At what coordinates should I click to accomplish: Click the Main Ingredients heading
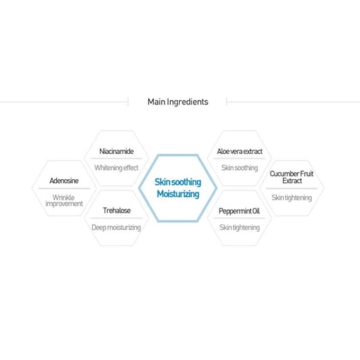point(178,102)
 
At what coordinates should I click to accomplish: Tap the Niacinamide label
point(117,151)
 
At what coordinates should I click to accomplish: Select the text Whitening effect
point(117,168)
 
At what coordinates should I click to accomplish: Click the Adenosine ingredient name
point(64,181)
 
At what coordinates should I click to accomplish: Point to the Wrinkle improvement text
point(64,200)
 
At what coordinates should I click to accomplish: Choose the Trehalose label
point(117,210)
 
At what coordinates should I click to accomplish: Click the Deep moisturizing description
point(116,227)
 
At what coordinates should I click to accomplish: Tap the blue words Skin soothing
point(178,182)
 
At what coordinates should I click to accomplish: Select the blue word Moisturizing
point(178,194)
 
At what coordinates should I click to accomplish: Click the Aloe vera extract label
point(240,151)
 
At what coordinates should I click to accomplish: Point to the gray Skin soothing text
point(240,168)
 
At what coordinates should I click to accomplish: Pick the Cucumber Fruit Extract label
point(292,177)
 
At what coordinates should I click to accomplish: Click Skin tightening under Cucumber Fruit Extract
point(292,198)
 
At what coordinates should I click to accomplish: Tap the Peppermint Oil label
point(239,211)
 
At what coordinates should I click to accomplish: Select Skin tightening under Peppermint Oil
point(240,227)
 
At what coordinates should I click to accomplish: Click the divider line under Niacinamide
point(117,159)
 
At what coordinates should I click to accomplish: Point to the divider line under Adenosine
point(64,189)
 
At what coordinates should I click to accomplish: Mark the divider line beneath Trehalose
point(117,218)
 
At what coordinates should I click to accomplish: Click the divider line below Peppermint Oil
point(240,218)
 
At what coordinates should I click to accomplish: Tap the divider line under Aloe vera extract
point(240,159)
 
